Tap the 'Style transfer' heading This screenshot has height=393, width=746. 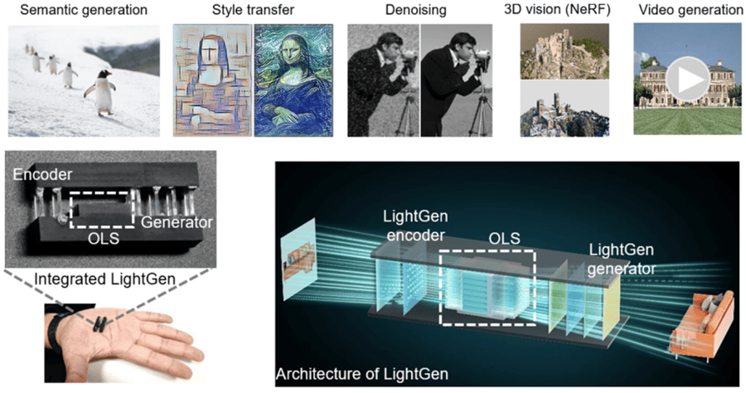tap(254, 11)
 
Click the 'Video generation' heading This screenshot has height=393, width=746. tap(685, 11)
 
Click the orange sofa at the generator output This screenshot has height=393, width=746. tap(704, 324)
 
